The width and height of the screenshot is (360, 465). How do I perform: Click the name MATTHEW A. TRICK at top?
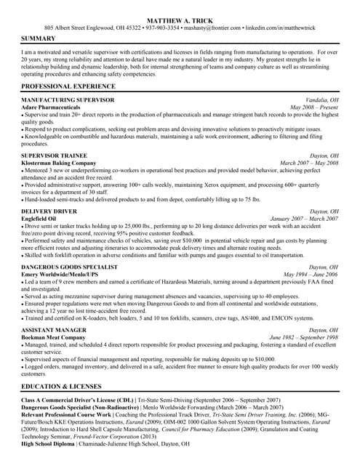(180, 20)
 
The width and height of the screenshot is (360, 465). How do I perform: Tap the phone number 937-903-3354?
(162, 28)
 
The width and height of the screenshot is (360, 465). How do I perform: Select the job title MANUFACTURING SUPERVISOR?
(68, 99)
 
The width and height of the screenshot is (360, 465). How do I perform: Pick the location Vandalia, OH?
(322, 99)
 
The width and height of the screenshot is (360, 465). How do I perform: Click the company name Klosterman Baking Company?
(58, 163)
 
